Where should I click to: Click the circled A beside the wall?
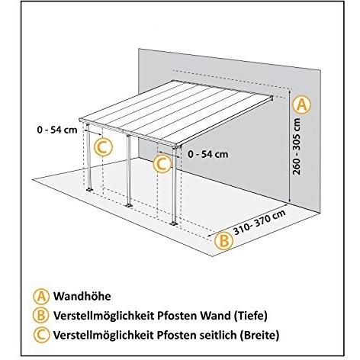301,105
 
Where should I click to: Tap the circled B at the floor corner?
223,240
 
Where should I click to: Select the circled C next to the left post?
103,146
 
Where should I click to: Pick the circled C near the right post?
162,163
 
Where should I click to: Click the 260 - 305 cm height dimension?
297,146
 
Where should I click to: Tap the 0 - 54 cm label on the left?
57,130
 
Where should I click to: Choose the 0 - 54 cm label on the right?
208,154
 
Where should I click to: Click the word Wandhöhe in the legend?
82,296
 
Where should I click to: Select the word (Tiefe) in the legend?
249,316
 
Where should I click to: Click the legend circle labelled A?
40,296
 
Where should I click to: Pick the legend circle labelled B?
40,316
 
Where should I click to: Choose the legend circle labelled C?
40,335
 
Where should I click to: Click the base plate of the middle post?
129,205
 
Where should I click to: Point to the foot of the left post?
89,189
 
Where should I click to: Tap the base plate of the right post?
174,223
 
